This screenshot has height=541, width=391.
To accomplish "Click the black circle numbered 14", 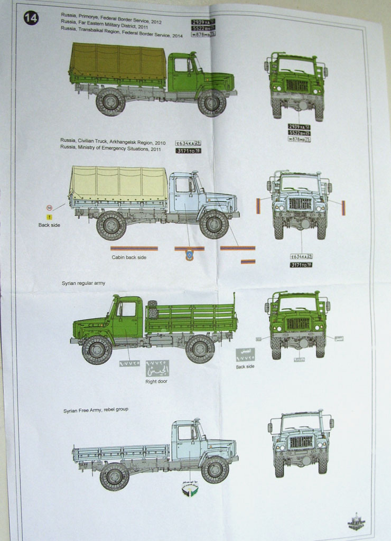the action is [31, 18].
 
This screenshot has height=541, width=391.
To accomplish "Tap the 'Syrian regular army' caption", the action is [83, 283].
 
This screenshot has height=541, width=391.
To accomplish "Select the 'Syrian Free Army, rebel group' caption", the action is [96, 409].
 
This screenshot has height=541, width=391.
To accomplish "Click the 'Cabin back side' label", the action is [129, 257].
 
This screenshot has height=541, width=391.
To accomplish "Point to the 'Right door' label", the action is [156, 381].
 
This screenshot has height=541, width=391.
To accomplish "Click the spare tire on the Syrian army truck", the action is [153, 310].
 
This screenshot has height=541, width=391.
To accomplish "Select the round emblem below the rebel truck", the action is [190, 490].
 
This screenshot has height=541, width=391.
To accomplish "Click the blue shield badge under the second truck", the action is [190, 256].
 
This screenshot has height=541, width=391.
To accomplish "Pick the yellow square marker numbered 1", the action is [49, 217].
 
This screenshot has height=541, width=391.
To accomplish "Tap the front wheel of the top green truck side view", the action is [212, 102].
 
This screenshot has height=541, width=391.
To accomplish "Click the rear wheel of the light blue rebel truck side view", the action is [114, 475].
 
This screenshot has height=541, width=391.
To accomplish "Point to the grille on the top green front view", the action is [297, 85].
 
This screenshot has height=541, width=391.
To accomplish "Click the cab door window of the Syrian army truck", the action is [127, 309].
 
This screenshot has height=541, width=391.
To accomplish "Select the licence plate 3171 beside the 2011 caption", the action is [189, 151].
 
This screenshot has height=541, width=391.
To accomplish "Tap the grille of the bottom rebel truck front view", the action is [300, 441].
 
